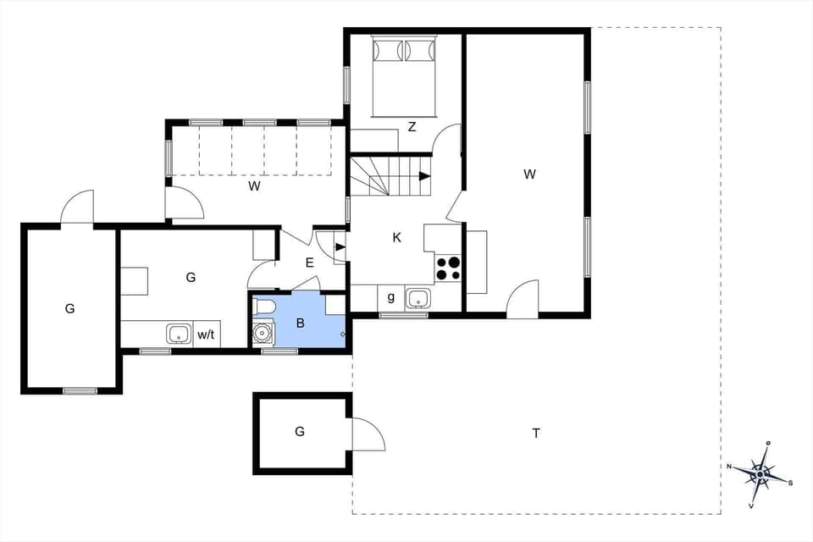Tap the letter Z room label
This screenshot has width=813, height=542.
[x=412, y=128]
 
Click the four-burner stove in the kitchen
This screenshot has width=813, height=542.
[x=448, y=268]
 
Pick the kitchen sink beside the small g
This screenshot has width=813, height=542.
[x=418, y=298]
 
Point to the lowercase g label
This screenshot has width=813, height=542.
[x=390, y=297]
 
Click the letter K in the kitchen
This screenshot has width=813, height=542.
[x=396, y=238]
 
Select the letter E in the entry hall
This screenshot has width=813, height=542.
[x=310, y=263]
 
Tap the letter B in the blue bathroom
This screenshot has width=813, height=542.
[x=300, y=323]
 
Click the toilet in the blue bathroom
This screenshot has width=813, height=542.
[x=263, y=307]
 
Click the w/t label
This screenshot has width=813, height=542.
[x=207, y=335]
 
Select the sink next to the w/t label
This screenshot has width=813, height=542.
[x=179, y=334]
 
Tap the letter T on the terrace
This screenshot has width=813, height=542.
[x=536, y=434]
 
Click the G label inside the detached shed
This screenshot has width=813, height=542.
[x=300, y=432]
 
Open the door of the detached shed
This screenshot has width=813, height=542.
[x=368, y=434]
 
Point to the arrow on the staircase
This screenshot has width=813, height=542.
[x=422, y=177]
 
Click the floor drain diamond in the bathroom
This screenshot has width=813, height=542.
[x=343, y=335]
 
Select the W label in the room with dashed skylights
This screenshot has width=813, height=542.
[x=254, y=186]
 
